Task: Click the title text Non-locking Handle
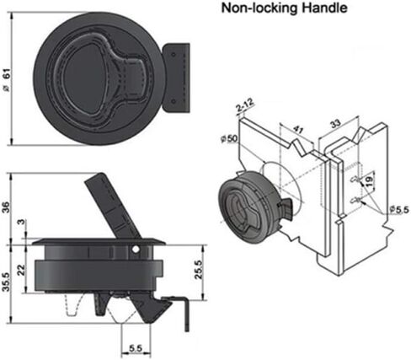[x=284, y=8]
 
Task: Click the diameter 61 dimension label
[x=7, y=79]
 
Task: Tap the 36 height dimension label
[x=6, y=207]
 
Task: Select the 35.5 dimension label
[x=6, y=281]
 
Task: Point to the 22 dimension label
[x=21, y=271]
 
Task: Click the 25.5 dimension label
[x=199, y=269]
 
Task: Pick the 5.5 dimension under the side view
[x=136, y=348]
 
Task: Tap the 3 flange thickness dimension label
[x=21, y=223]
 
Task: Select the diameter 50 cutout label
[x=229, y=139]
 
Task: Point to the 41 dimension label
[x=298, y=130]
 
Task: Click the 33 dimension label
[x=335, y=124]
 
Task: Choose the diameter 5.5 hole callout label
[x=399, y=210]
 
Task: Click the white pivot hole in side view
[x=136, y=250]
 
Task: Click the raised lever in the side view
[x=112, y=206]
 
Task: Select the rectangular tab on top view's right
[x=176, y=78]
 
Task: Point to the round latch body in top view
[x=98, y=78]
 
